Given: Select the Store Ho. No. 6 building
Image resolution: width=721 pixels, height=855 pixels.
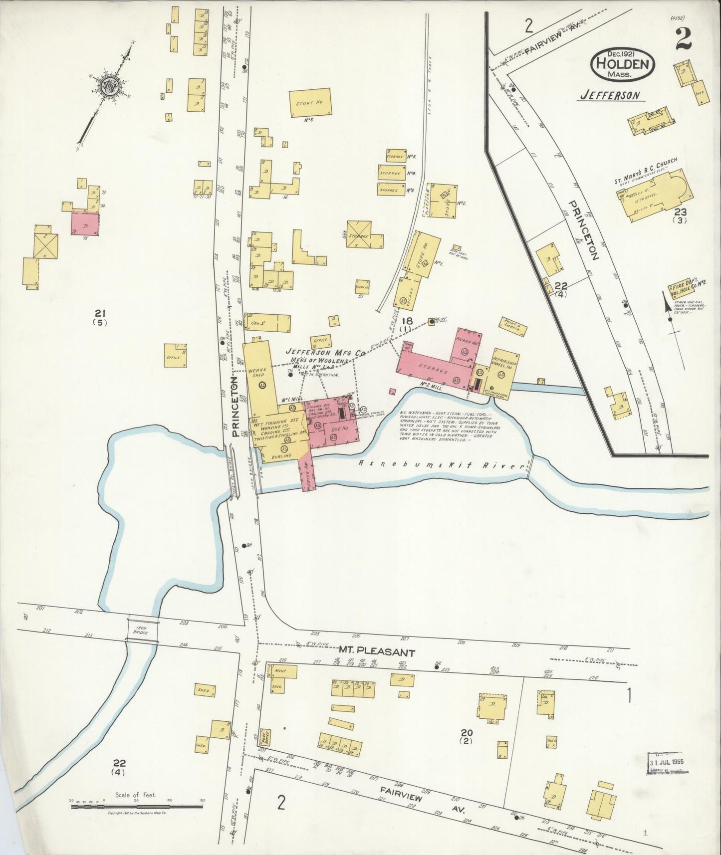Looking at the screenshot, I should click(x=309, y=103).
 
